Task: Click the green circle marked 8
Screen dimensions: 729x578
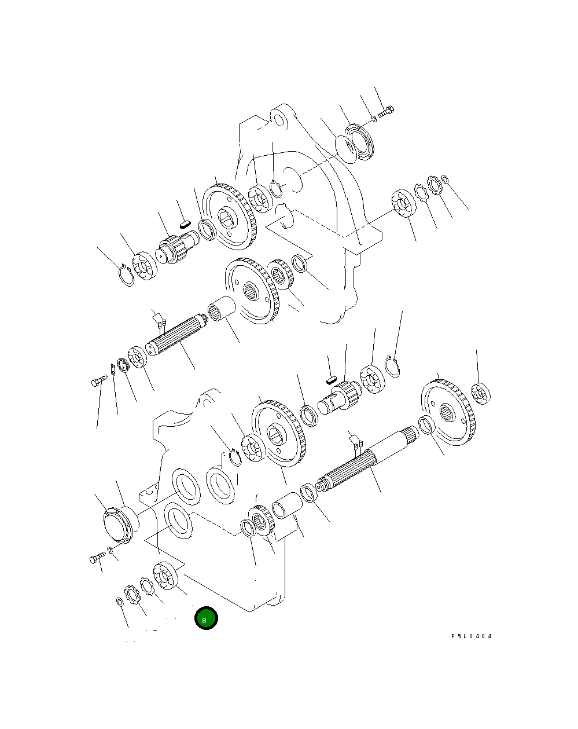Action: point(206,618)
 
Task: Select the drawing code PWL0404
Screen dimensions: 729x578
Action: point(472,636)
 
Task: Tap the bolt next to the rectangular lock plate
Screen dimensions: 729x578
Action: point(98,381)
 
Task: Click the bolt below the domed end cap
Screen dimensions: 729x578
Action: point(97,558)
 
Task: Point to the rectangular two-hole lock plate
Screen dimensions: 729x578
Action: point(112,369)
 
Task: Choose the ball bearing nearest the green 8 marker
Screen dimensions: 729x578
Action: point(165,576)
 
